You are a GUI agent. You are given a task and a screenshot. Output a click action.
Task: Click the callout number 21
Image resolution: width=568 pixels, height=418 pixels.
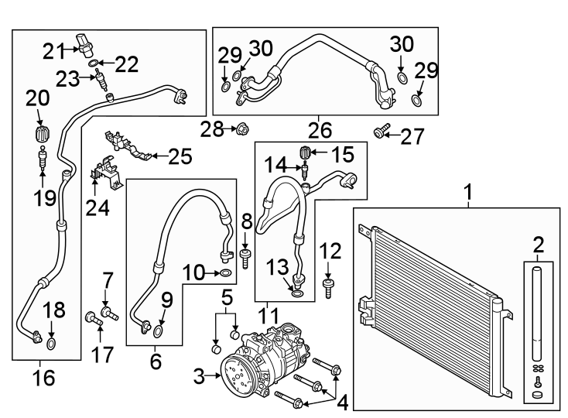click(53, 51)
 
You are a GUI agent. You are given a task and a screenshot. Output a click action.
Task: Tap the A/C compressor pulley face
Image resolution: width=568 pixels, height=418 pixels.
click(238, 376)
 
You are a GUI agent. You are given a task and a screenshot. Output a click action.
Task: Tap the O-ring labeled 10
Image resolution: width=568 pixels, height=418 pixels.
click(224, 272)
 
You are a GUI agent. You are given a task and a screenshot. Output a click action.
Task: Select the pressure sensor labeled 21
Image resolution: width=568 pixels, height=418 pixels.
click(84, 45)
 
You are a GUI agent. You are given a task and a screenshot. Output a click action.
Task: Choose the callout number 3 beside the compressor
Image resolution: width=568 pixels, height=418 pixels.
click(199, 377)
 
